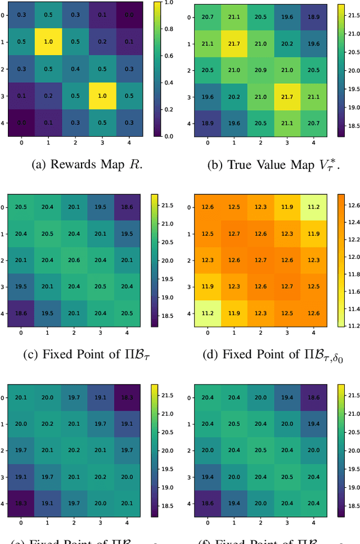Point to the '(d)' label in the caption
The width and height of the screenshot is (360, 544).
(213, 354)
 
